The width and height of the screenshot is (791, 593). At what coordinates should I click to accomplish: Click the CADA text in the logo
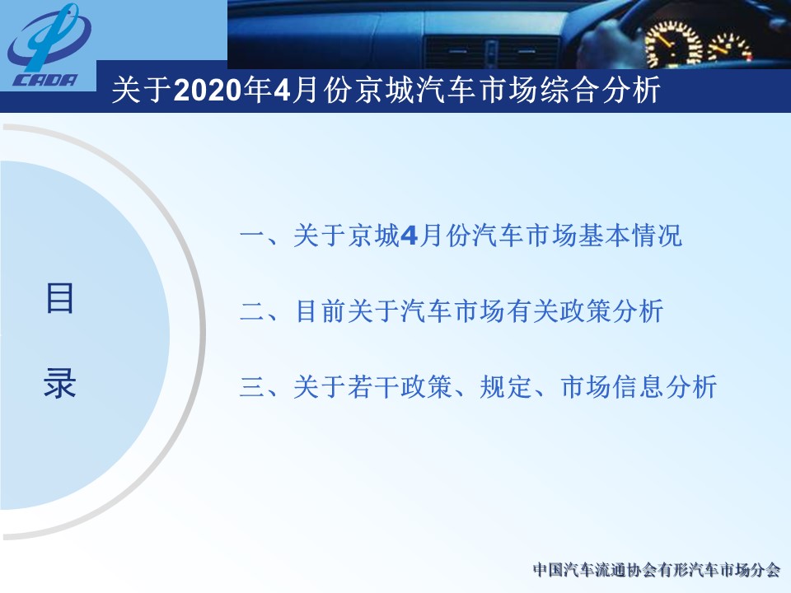pos(44,80)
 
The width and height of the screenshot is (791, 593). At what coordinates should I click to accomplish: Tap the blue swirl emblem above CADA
pos(49,36)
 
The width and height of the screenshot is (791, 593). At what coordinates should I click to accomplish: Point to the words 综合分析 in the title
pos(600,91)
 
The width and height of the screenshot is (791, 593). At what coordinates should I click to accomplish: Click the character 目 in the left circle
pos(59,298)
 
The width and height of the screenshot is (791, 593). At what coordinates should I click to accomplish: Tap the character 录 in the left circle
pos(59,383)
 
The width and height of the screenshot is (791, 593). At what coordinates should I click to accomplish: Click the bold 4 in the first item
pos(409,236)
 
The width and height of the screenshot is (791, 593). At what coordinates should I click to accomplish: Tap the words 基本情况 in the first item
pos(630,236)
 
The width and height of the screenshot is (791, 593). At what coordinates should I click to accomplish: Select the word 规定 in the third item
pos(505,387)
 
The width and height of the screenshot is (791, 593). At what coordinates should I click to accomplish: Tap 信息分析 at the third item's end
pos(665,387)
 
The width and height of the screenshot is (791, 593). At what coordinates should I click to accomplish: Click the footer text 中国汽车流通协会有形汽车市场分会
pos(657,570)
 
